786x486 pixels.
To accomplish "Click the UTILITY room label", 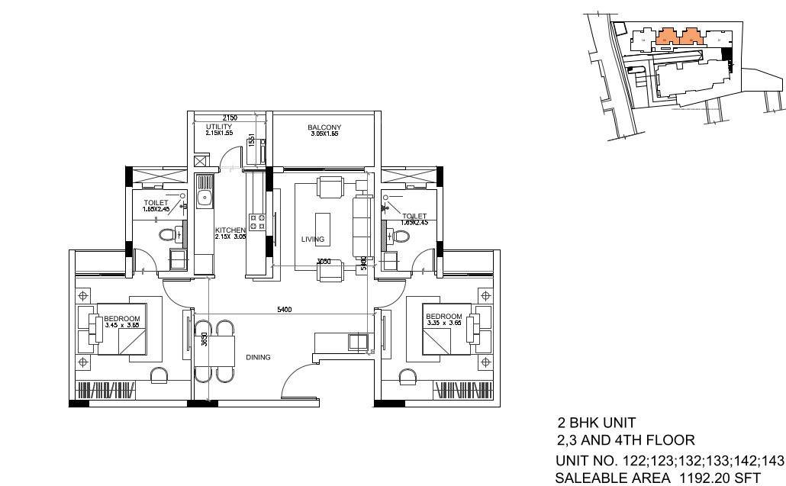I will (x=218, y=127).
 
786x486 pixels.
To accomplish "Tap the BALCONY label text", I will (x=324, y=127).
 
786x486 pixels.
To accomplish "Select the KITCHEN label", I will (x=230, y=230).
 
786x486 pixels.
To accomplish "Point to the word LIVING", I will (x=313, y=240).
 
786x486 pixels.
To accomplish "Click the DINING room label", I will (x=258, y=357).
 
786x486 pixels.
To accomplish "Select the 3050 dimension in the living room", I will (x=324, y=262).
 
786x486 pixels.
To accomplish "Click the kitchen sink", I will (x=205, y=198).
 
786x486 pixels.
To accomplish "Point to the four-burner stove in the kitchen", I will (x=257, y=221).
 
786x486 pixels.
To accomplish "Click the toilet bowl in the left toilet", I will (x=166, y=234).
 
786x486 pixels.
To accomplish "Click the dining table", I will (x=216, y=352).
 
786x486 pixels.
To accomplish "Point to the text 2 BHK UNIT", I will (x=596, y=422).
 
